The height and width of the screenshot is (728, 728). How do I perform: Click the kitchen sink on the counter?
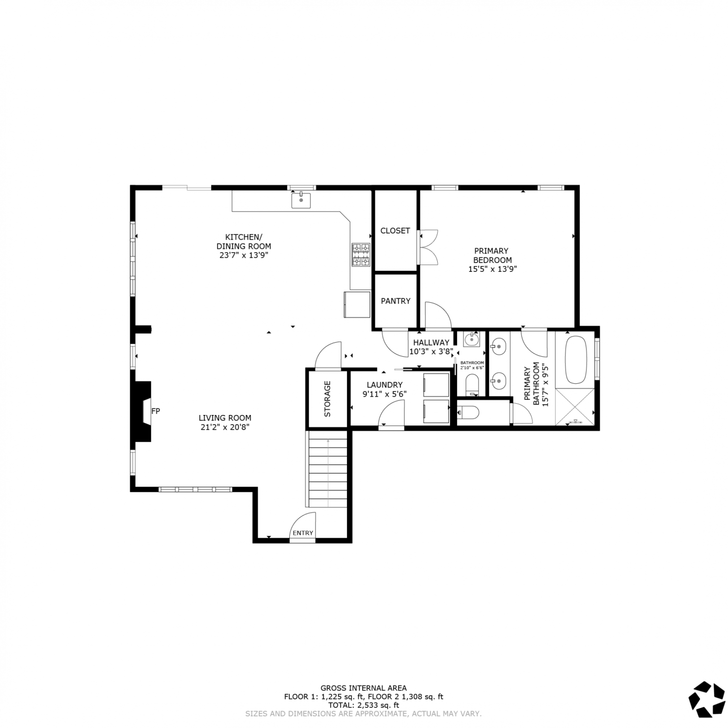click(301, 200)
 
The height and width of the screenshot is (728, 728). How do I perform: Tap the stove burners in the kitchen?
click(361, 255)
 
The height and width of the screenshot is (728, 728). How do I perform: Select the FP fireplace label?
click(156, 411)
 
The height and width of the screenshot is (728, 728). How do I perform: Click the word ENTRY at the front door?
click(303, 533)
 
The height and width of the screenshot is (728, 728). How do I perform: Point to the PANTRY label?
click(396, 301)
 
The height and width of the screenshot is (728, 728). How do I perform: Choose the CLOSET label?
click(395, 231)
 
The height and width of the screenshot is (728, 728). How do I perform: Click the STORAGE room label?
click(327, 399)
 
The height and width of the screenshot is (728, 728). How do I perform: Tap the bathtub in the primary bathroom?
click(576, 359)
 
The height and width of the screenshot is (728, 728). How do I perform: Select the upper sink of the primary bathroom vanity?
click(498, 347)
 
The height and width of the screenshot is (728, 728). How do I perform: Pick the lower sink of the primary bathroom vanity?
click(498, 380)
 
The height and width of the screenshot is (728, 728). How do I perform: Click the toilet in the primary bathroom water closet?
click(468, 413)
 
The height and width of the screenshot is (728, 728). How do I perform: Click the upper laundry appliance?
click(436, 385)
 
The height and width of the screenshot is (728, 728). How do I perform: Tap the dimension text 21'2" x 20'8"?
click(225, 427)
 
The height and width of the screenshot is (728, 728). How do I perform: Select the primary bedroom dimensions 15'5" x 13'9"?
click(492, 269)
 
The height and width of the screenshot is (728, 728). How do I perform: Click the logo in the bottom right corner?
click(707, 699)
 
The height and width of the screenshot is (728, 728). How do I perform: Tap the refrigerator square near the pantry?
click(357, 304)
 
